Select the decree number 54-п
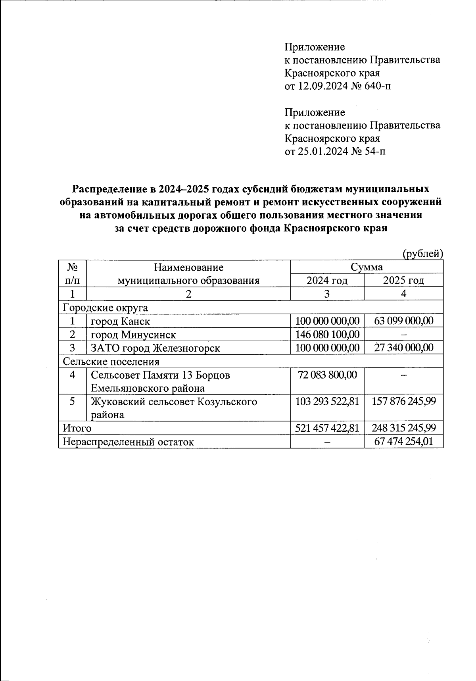372,152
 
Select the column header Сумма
367,267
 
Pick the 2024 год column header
327,281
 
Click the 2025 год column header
403,281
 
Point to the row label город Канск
120,321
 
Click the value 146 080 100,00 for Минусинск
327,335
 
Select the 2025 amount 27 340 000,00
403,348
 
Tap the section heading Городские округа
106,308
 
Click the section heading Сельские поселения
111,362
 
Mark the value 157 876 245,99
403,401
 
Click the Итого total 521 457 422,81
327,428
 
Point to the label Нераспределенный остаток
128,442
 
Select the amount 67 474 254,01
403,441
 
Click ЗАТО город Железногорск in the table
155,348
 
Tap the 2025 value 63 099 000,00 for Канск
403,321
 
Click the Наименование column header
188,267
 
